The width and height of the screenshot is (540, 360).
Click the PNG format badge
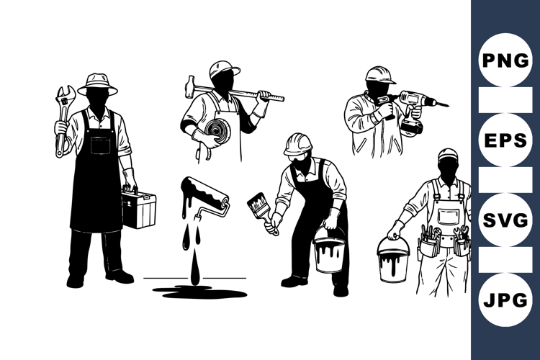[505, 60]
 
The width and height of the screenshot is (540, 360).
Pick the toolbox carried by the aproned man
[138, 208]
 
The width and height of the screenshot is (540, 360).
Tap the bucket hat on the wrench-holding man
[97, 83]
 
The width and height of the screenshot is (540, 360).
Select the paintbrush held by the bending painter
[259, 206]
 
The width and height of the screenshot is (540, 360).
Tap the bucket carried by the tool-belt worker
[393, 258]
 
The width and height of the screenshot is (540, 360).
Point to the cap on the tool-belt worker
[448, 154]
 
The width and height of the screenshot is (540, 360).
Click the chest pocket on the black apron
[101, 145]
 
